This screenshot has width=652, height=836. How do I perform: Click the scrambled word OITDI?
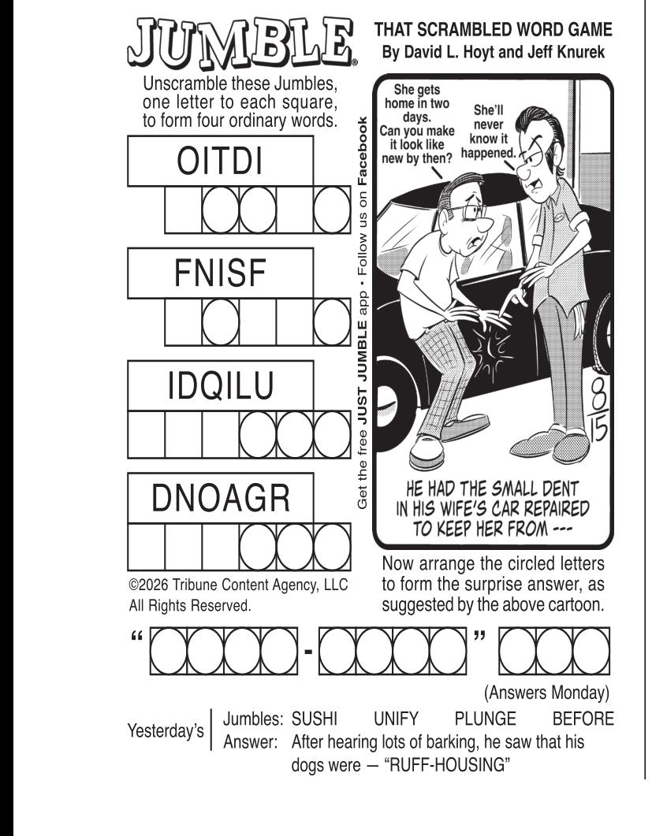(x=220, y=161)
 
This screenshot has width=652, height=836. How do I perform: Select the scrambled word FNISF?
(x=220, y=273)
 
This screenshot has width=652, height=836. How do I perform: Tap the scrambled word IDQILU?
(x=221, y=385)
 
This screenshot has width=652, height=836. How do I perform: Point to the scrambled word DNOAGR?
(x=221, y=498)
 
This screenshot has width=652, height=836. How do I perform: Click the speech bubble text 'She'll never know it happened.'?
(x=488, y=132)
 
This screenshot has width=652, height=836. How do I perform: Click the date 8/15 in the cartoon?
(x=598, y=410)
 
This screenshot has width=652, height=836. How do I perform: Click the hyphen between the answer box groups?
(x=307, y=651)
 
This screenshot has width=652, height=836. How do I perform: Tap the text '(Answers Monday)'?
(x=546, y=693)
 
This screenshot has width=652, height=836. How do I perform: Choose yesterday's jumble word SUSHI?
(x=315, y=719)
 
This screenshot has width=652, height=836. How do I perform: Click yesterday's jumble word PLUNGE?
(x=485, y=719)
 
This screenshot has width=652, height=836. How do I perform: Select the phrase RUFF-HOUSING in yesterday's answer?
(x=447, y=765)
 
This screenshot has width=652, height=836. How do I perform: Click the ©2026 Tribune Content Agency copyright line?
(x=238, y=585)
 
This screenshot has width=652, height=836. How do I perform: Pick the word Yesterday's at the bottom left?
(x=166, y=730)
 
